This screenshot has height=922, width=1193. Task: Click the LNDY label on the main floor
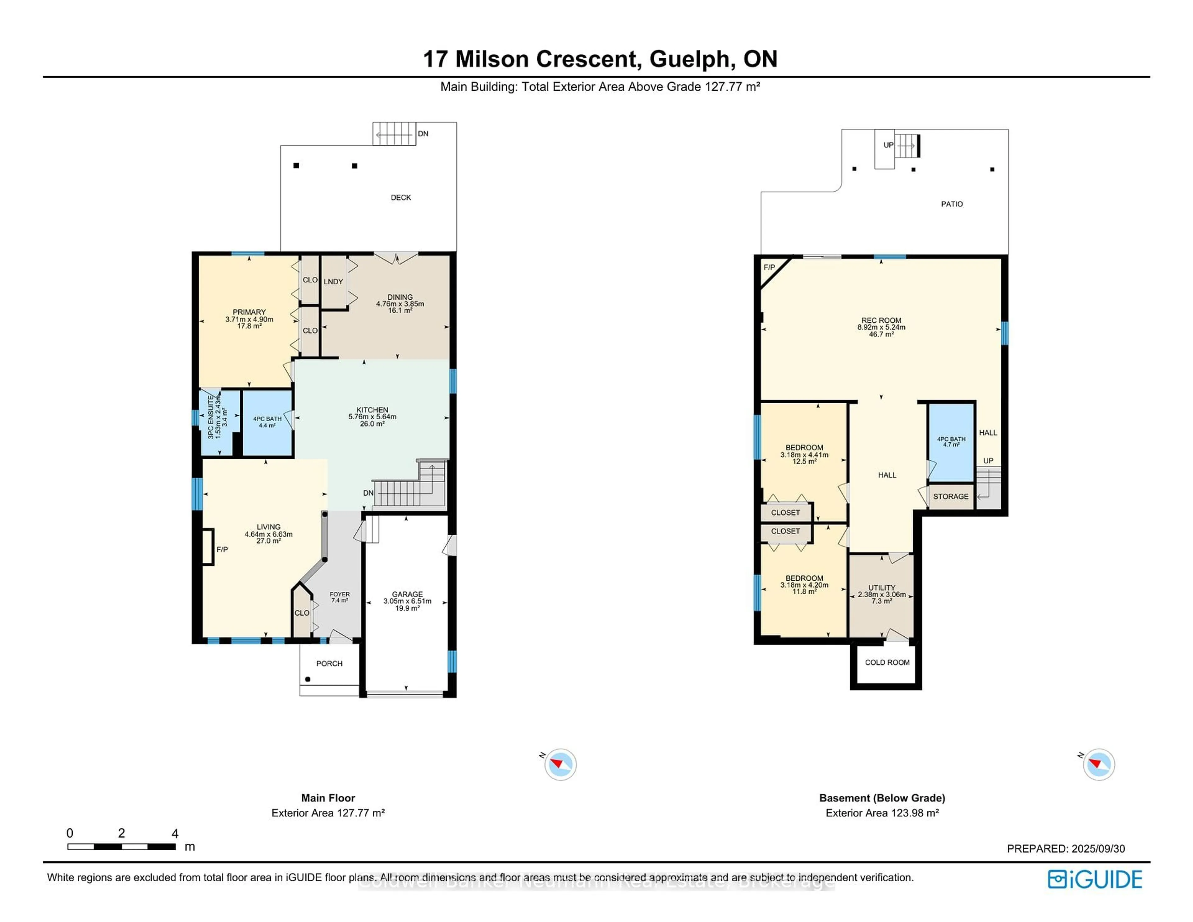333,281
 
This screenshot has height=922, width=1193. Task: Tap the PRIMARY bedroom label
249,312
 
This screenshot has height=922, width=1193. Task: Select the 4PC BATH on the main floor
267,422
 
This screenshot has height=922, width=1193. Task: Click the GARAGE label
407,594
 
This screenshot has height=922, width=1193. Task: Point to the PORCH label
329,663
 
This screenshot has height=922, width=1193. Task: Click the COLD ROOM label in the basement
887,662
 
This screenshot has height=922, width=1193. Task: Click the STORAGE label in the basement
950,496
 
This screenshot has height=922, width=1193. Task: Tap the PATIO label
952,204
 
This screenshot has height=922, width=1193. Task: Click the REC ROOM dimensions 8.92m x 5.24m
881,327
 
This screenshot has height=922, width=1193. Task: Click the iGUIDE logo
1095,879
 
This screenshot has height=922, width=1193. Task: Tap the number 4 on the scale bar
175,833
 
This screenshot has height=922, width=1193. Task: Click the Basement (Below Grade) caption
882,798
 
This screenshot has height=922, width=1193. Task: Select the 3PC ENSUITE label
211,418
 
